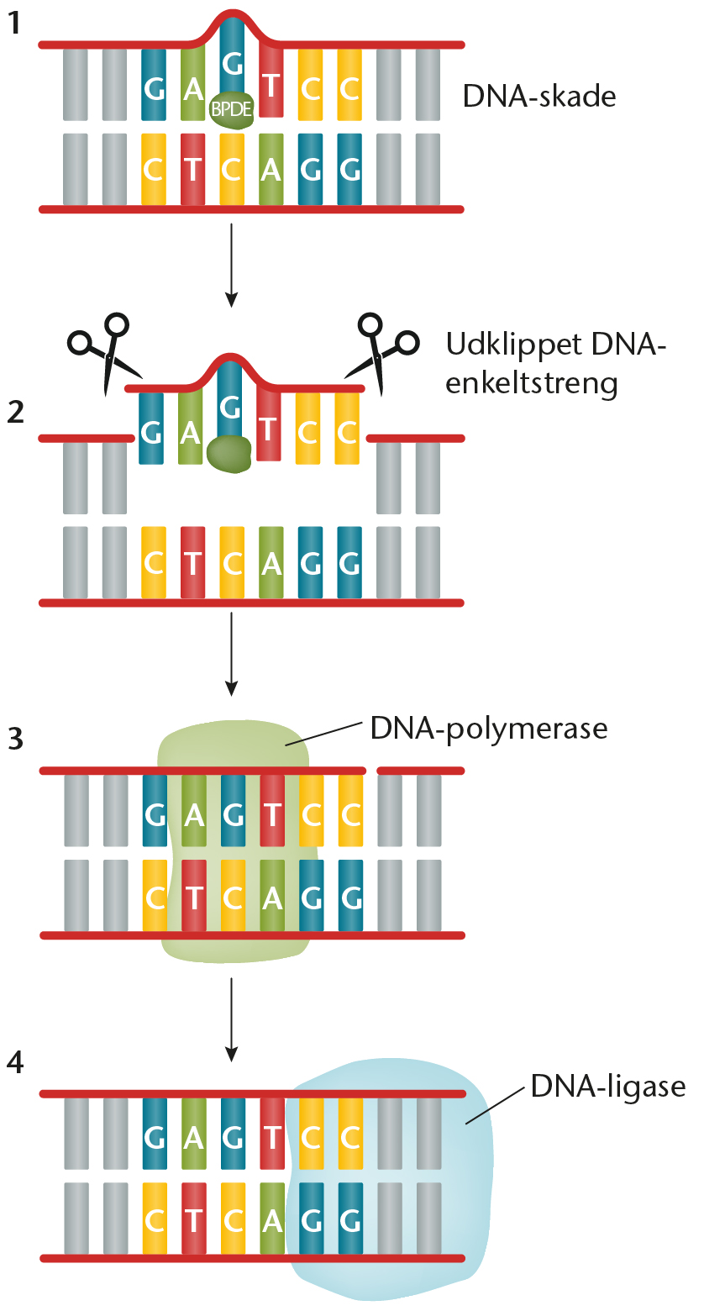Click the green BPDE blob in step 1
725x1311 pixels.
232,110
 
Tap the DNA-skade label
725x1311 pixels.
539,96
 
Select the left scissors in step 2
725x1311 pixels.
104,352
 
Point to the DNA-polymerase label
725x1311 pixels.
489,728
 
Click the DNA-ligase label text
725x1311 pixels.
608,1087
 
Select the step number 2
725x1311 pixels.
15,413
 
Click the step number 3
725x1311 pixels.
15,740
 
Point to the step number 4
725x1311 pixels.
15,1063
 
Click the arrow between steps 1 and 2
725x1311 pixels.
232,261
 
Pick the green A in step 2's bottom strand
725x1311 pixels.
271,563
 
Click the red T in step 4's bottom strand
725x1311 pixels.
193,1219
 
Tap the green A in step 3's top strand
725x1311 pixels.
194,813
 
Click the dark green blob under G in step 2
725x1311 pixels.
229,453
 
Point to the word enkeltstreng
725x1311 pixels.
531,383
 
